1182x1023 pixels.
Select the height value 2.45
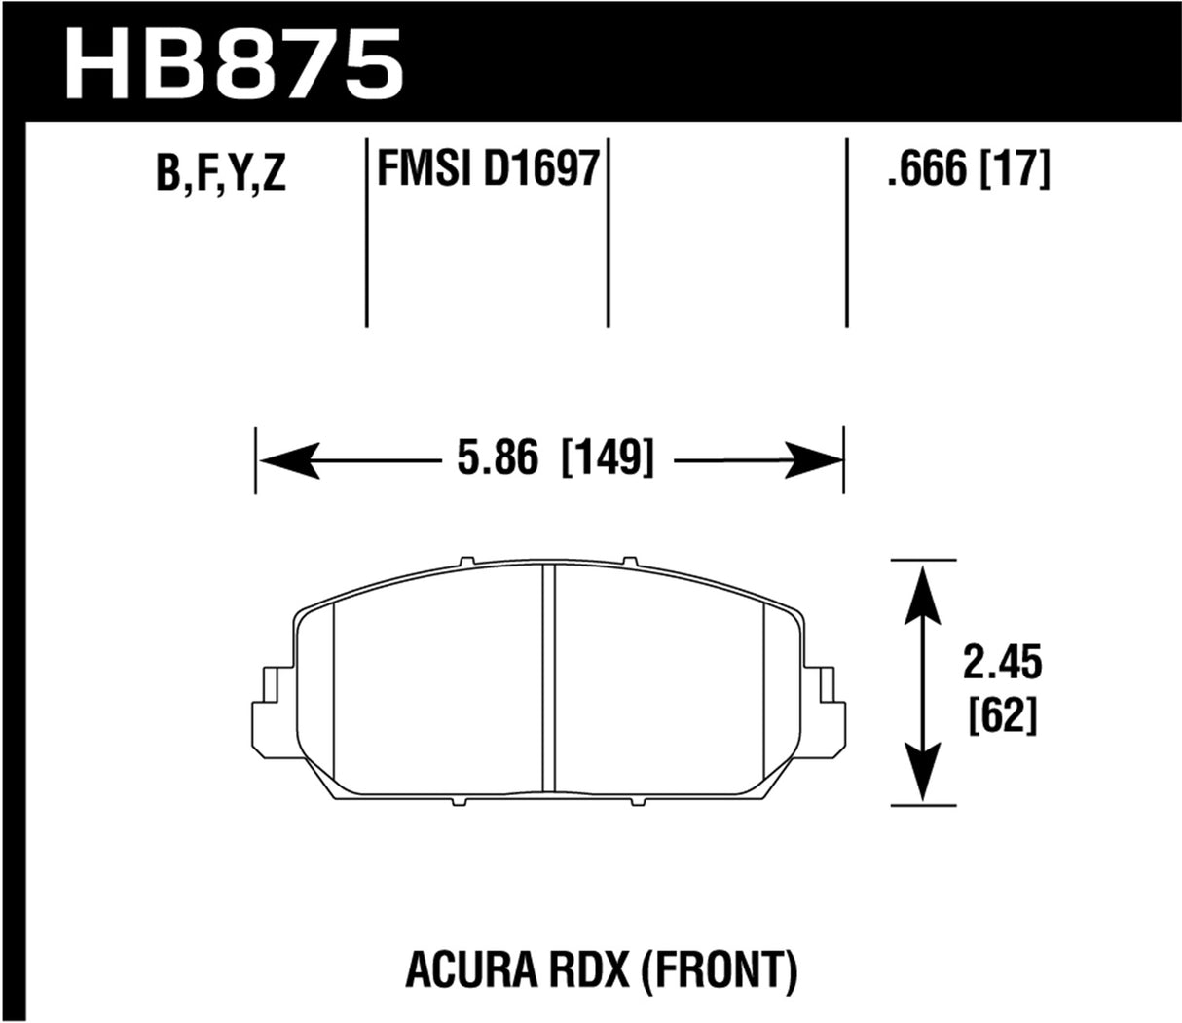click(1002, 665)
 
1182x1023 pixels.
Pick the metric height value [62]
click(1002, 717)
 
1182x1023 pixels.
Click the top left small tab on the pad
click(465, 562)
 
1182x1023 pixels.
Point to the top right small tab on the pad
click(630, 562)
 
